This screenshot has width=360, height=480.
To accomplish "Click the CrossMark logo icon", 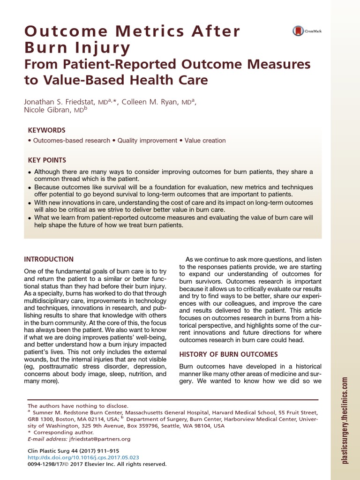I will pos(298,31).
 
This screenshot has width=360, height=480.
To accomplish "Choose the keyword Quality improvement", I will pos(147,141).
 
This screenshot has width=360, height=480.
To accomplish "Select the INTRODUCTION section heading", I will pos(49,259).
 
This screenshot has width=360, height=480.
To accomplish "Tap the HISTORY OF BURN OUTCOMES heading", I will pos(229,354).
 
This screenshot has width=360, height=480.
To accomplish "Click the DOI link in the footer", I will pos(83,457).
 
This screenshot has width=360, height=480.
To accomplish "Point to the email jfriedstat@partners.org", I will pos(99,439).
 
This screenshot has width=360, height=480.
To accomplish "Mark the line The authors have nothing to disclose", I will pos(78,405).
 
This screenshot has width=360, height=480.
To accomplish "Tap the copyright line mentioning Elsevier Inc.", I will pos(97,464).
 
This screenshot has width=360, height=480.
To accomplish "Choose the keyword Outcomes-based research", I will pos(71,141).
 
